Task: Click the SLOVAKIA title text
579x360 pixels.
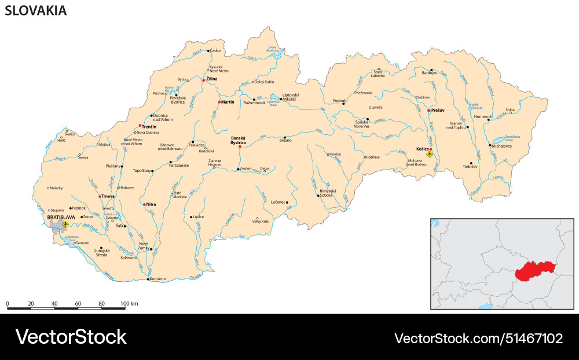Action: (x=36, y=10)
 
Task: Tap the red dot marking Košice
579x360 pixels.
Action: (x=431, y=149)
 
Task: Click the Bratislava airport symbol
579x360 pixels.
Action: (x=65, y=223)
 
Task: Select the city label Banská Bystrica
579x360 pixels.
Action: (x=238, y=139)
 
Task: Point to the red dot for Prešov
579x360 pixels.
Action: (x=429, y=111)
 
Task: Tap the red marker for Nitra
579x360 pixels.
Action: (x=144, y=204)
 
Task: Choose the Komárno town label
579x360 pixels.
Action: (x=157, y=279)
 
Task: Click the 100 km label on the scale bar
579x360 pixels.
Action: (x=129, y=303)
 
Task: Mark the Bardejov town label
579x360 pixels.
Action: (x=430, y=74)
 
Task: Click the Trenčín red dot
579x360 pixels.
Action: (x=140, y=126)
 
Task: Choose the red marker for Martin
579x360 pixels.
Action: (x=219, y=102)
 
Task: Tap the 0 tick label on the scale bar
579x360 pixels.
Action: (x=8, y=303)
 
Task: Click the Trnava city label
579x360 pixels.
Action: (x=108, y=196)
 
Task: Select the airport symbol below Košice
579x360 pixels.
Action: (x=430, y=155)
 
